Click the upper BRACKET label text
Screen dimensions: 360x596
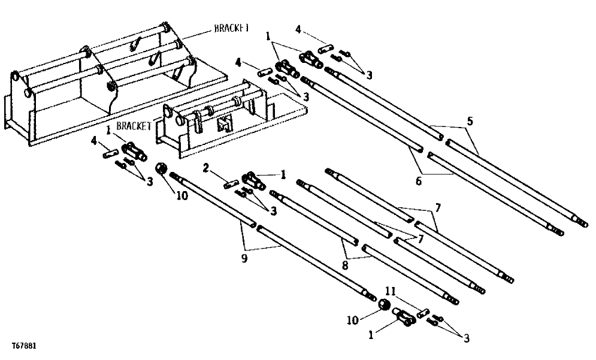(x=232, y=28)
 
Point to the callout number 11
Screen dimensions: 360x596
(x=390, y=291)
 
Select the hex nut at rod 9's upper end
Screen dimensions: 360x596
(x=161, y=167)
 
